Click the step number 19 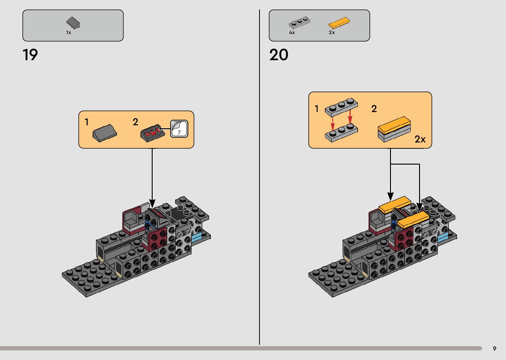(30, 55)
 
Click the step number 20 (279, 55)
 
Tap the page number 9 (494, 348)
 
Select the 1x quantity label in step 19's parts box (68, 32)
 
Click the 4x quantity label (292, 32)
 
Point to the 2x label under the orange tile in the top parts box (332, 32)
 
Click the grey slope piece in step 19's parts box (73, 23)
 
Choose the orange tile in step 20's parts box (339, 22)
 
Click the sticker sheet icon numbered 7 (179, 129)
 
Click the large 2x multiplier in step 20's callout (420, 139)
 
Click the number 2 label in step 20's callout (374, 109)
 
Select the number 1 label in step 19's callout (87, 122)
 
